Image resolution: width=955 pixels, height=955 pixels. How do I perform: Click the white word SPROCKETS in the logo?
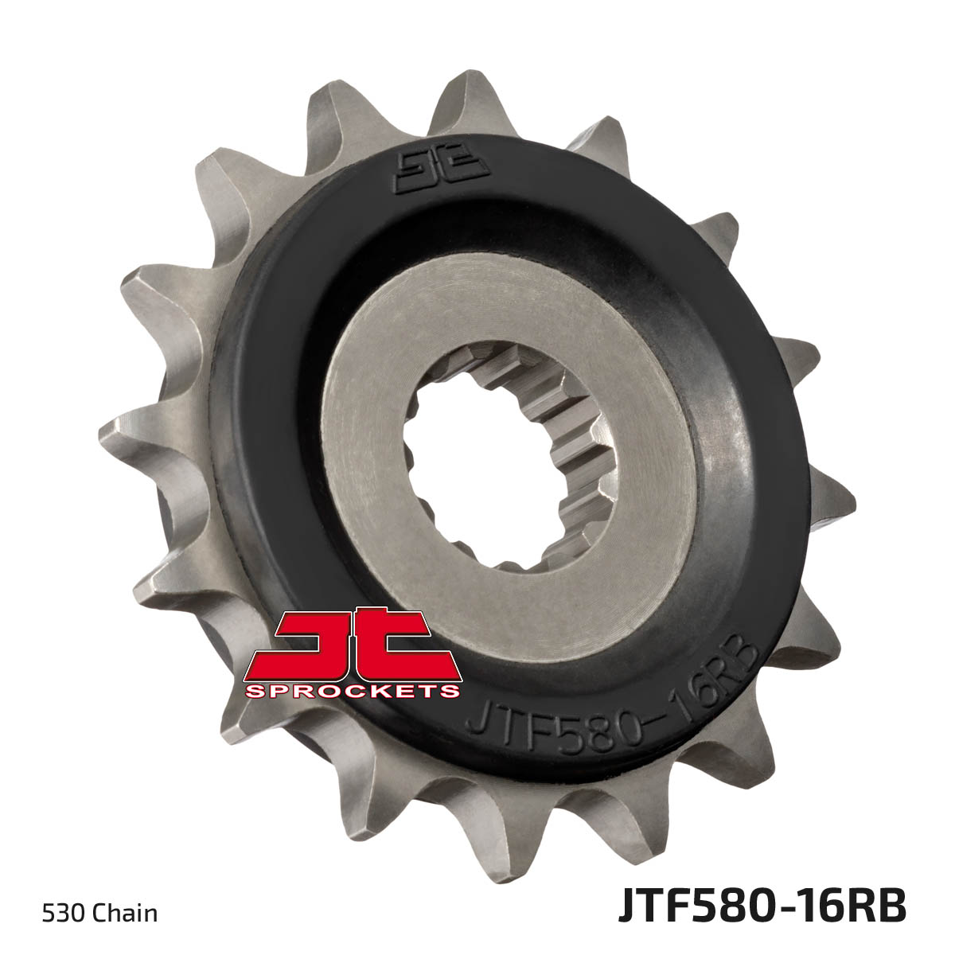tap(352, 692)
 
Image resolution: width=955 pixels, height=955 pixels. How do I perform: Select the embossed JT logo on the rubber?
tap(442, 173)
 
